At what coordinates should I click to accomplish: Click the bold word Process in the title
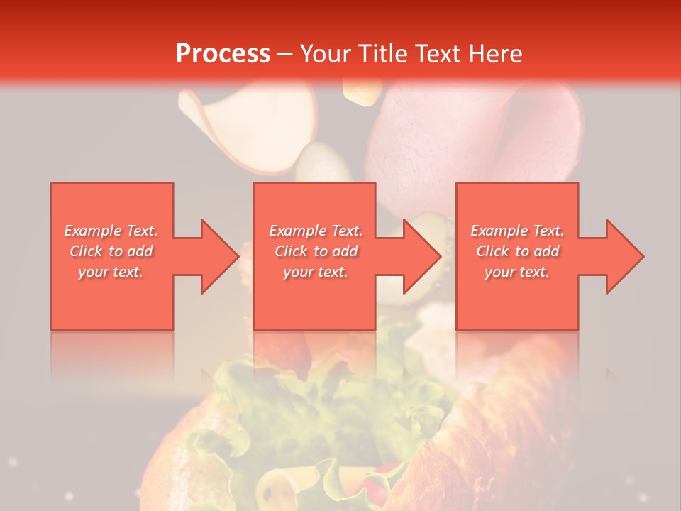pos(223,54)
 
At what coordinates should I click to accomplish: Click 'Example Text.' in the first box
pos(111,231)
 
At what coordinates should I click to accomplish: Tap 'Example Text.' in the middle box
pos(316,231)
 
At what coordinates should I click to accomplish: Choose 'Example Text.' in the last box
pos(517,231)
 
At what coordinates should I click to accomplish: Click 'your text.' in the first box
pos(111,272)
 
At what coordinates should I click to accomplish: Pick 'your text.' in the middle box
pos(316,272)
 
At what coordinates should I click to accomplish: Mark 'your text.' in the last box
pos(517,272)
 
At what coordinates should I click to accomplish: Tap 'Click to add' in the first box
pos(111,251)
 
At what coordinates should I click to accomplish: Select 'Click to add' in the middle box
pos(316,251)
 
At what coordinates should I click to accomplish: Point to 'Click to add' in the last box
pos(517,251)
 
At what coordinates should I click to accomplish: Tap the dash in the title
pos(285,54)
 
